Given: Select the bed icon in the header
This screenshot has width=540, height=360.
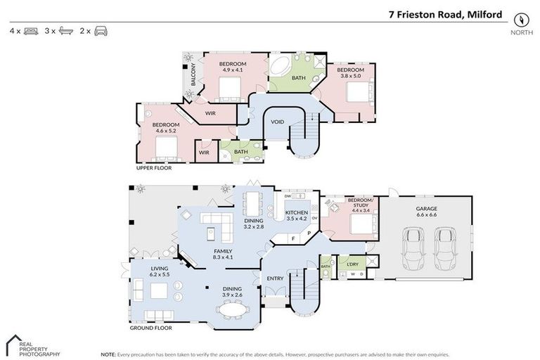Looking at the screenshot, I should coord(31,31).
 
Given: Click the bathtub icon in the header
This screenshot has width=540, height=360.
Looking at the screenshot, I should coord(65,31).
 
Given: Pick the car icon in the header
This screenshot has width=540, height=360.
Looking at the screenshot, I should coord(101,31).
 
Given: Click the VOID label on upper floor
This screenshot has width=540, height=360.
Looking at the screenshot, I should coord(278,122).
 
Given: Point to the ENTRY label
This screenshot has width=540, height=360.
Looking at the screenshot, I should coord(275,278).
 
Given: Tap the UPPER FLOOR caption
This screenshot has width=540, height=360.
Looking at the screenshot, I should coord(154,168).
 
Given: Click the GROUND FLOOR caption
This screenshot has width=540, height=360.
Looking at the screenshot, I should coord(150,328).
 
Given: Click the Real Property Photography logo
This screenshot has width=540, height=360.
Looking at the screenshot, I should coord(33,347).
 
